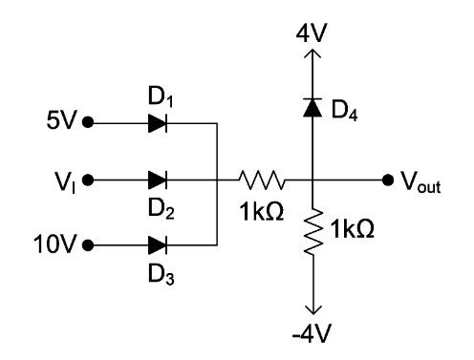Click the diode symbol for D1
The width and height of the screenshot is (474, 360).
tap(159, 122)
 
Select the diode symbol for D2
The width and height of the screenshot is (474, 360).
tap(159, 179)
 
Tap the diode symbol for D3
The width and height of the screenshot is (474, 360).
tap(159, 244)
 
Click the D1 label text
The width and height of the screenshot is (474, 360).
tap(159, 99)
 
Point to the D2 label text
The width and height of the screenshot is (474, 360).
tap(159, 201)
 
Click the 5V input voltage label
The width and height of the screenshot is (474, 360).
tap(62, 122)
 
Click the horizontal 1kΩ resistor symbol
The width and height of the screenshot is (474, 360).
tap(261, 179)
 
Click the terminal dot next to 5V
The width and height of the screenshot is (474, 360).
tap(89, 122)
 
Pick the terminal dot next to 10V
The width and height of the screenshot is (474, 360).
tap(89, 244)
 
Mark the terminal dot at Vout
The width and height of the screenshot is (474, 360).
tap(388, 179)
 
